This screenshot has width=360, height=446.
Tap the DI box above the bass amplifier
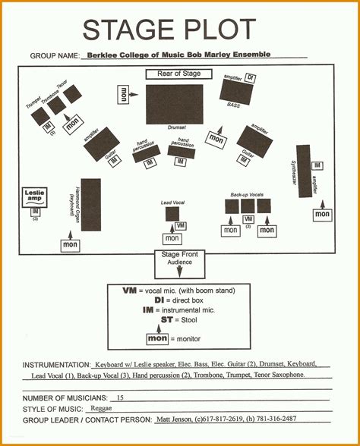click(250, 79)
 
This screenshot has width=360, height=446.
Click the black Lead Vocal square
click(172, 214)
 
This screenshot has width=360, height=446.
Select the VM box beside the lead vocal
click(181, 225)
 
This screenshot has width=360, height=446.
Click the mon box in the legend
click(157, 338)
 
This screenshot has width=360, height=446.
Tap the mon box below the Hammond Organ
click(71, 245)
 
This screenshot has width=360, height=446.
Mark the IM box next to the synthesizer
click(317, 165)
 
